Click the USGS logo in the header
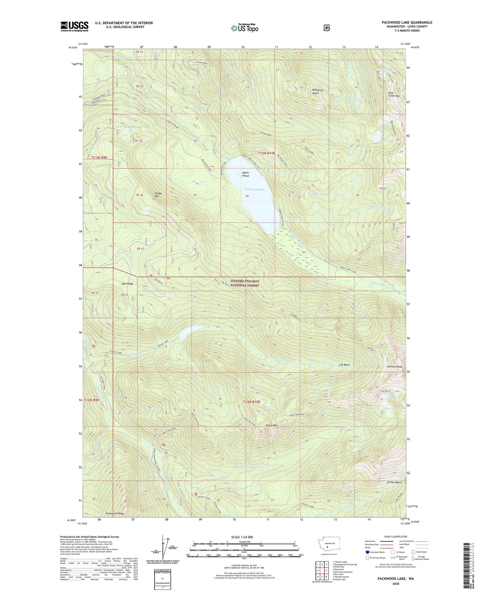(x=74, y=26)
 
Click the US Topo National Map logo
(x=244, y=28)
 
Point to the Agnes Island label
(x=245, y=174)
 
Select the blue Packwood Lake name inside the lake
(x=254, y=189)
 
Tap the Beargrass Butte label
(x=318, y=91)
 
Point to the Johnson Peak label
(x=394, y=367)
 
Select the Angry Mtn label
(x=272, y=425)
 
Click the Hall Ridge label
(x=128, y=284)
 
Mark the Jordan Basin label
(x=394, y=482)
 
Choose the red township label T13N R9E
(x=100, y=158)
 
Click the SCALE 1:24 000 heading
(x=242, y=537)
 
